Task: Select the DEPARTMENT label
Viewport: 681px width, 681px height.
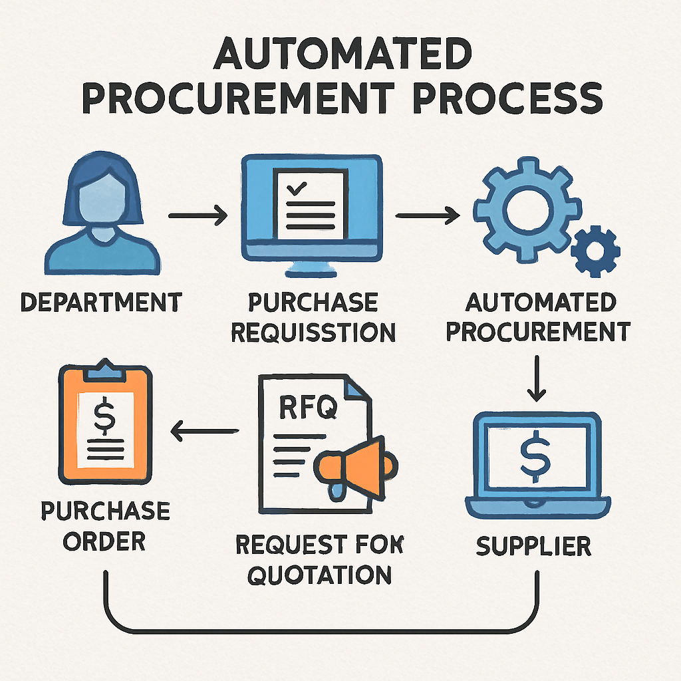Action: point(100,303)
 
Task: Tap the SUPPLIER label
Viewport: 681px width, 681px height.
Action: point(533,546)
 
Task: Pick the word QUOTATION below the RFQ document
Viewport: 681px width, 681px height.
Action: point(319,573)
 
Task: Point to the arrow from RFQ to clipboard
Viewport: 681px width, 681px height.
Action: point(204,433)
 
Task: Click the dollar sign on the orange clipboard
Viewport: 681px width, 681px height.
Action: point(104,417)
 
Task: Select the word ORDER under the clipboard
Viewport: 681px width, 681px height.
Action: point(105,540)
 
